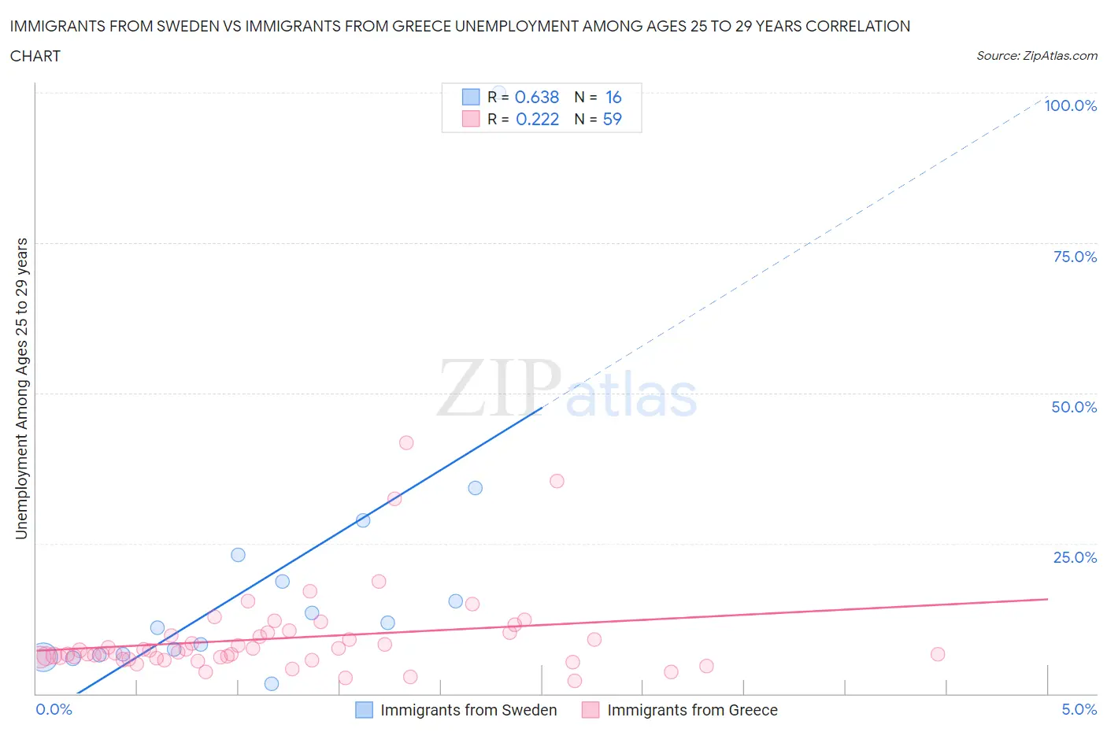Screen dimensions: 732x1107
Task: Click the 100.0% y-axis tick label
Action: click(x=1070, y=105)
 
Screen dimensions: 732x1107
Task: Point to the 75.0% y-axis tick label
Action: click(x=1075, y=257)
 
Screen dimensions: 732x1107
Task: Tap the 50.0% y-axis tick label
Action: click(x=1074, y=407)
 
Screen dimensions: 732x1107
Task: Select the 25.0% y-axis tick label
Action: click(x=1075, y=557)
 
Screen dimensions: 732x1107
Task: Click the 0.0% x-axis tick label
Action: click(x=54, y=709)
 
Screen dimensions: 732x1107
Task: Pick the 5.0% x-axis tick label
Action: click(x=1079, y=709)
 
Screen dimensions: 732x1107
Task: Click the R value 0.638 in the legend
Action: click(x=536, y=97)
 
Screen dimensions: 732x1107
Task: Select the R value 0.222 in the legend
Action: click(x=537, y=119)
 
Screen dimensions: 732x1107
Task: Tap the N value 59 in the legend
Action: click(x=612, y=119)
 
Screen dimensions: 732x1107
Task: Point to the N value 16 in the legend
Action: click(x=613, y=97)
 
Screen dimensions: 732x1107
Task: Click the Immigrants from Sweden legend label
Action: click(x=468, y=710)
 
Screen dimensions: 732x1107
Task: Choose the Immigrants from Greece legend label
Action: click(x=692, y=710)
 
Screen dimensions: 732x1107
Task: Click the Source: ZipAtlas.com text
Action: click(x=1036, y=55)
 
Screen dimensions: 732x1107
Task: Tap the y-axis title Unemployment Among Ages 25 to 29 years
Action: click(x=21, y=388)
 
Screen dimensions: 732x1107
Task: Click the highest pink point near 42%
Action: click(x=406, y=442)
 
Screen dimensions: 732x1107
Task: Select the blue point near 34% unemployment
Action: click(x=476, y=488)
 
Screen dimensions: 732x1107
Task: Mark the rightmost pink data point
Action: click(x=938, y=654)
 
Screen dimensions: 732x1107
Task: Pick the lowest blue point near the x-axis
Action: click(x=272, y=683)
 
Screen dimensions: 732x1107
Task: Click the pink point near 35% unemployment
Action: click(x=557, y=481)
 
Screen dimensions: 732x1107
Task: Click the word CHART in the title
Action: click(x=35, y=56)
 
